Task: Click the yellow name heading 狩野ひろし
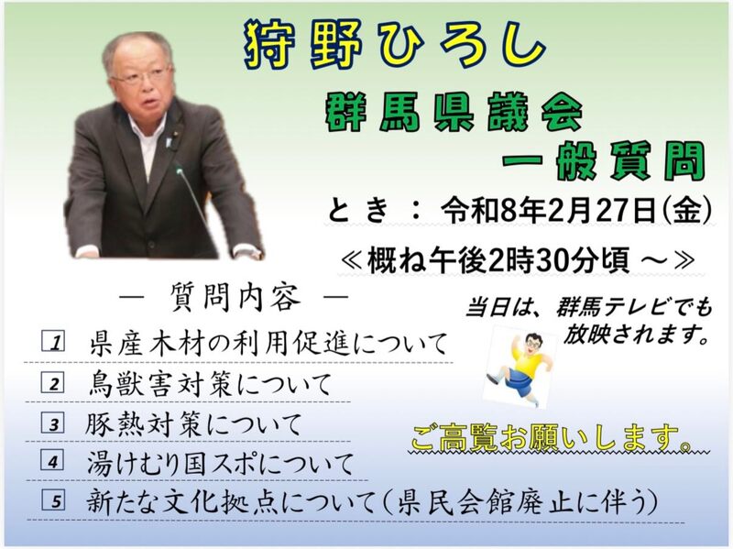(395, 44)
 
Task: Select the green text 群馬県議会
(454, 112)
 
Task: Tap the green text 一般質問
(603, 161)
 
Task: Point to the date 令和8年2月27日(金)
(577, 211)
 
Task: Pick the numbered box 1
(53, 341)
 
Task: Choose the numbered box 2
(53, 382)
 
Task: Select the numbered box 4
(52, 461)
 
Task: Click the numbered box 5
(54, 500)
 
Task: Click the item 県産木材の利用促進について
(268, 345)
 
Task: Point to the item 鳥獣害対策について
(210, 384)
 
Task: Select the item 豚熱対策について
(193, 424)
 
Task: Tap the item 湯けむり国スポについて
(220, 464)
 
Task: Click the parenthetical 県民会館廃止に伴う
(522, 502)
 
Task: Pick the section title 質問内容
(235, 298)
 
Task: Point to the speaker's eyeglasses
(142, 76)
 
